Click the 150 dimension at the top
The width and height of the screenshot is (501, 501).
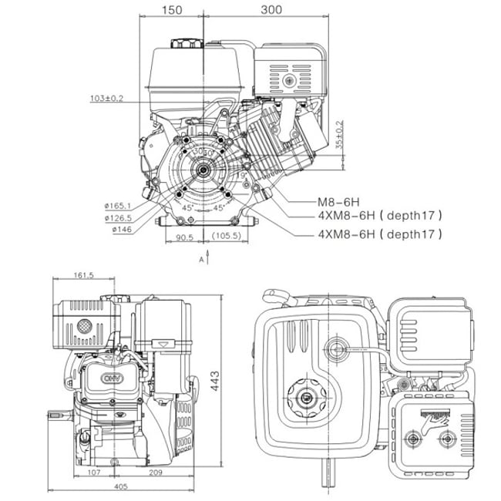[x=173, y=10]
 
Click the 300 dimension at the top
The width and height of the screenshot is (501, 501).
[x=271, y=10]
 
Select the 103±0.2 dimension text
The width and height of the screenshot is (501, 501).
[x=107, y=99]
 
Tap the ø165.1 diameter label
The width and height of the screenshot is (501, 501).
[x=117, y=206]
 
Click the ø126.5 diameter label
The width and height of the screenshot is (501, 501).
[x=117, y=217]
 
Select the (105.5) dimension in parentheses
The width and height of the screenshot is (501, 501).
[x=226, y=237]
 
